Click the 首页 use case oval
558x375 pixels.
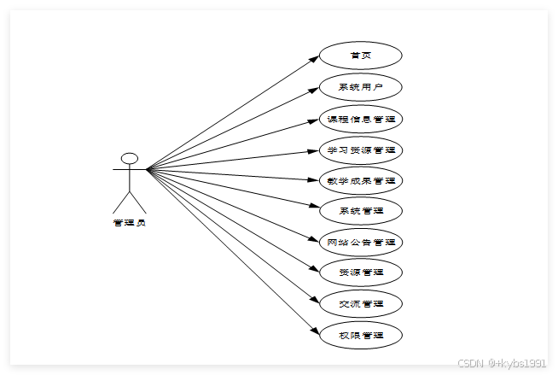360,56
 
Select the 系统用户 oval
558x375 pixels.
360,87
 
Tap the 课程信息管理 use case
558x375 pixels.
360,118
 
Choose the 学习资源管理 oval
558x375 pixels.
360,149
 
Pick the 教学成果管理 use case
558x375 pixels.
360,180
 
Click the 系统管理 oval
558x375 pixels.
360,210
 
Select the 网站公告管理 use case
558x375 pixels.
360,242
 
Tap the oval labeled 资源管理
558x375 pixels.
360,272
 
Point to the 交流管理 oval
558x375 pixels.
360,303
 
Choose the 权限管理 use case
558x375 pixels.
360,335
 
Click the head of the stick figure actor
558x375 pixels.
130,158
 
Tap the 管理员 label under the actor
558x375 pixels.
130,223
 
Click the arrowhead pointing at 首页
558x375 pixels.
313,58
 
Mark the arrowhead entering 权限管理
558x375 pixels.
313,331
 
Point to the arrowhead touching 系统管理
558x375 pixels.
313,208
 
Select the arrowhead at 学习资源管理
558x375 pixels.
313,150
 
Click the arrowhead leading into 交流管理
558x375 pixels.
313,301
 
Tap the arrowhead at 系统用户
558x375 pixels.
313,89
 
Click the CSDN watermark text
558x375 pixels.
501,362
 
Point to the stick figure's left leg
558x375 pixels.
120,202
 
